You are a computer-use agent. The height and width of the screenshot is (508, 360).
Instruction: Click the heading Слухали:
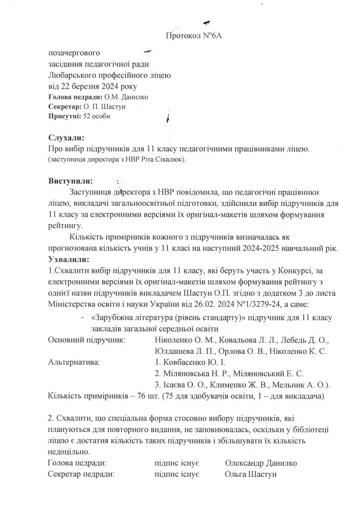tap(66, 138)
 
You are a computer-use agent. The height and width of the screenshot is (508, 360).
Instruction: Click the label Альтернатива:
tap(73, 363)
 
